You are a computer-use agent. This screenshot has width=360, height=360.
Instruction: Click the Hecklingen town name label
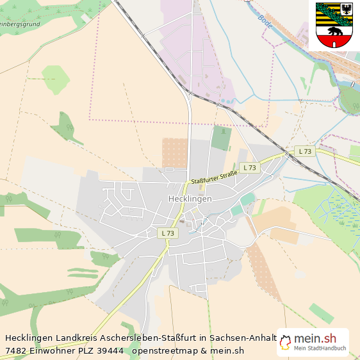(x=190, y=199)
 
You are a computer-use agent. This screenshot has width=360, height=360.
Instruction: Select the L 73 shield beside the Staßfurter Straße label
(x=249, y=168)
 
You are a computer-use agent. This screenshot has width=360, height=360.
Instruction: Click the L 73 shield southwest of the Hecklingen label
(x=167, y=234)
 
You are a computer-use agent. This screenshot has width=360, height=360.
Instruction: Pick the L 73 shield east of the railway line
(x=304, y=151)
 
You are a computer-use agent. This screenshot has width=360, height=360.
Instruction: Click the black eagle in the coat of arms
(x=347, y=10)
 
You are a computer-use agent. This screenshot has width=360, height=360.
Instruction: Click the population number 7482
(x=15, y=350)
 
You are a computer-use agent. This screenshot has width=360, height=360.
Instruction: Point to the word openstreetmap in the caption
(x=164, y=350)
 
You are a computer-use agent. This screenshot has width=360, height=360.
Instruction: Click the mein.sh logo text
(x=315, y=339)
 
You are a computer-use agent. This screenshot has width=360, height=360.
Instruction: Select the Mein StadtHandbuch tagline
(x=320, y=349)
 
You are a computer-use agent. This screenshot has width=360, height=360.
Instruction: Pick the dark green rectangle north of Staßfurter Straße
(x=222, y=138)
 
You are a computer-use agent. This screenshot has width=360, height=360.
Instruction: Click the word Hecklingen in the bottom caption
(x=29, y=338)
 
